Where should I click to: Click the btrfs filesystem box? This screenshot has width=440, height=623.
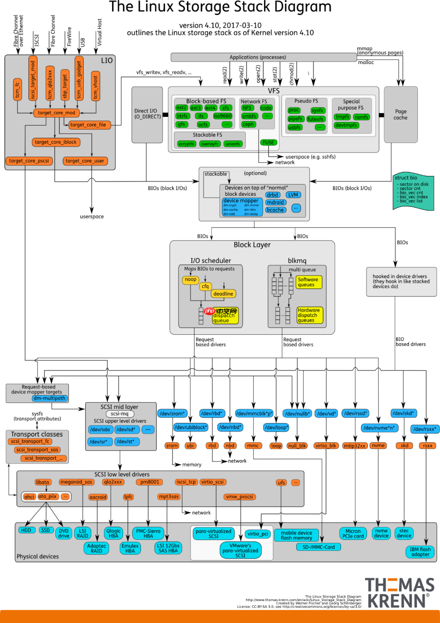pos(182,116)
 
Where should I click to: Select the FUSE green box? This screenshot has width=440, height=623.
pos(268,143)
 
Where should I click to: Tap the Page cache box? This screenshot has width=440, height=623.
pos(400,114)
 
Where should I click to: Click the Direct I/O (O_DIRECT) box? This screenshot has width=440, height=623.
pos(147,114)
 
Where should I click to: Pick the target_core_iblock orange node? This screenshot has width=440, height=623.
pos(56,142)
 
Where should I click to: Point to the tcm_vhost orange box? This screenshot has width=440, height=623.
pos(95,87)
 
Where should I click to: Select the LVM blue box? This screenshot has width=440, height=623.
pos(293,195)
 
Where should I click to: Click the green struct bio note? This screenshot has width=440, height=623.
pos(413,192)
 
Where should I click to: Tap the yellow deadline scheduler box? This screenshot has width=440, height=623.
pos(223,294)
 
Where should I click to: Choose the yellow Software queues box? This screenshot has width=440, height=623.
pos(308,282)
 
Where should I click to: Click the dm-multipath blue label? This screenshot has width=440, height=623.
pos(49,398)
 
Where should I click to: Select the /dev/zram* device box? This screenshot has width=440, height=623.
pos(172,413)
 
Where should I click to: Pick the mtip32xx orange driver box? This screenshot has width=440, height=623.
pos(355,445)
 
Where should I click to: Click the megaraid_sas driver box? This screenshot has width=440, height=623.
pos(76,482)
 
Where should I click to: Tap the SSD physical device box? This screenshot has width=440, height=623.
pos(46,530)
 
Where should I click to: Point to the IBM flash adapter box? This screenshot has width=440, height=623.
pos(420,552)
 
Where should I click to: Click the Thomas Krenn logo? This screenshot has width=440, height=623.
pos(399,593)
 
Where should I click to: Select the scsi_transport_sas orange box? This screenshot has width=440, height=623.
pos(37,450)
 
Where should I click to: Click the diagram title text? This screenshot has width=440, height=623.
pos(220,7)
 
